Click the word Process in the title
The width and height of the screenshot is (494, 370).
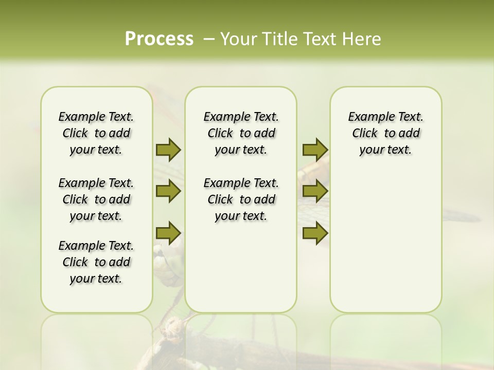point(159,39)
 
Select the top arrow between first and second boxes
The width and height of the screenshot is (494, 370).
point(168,150)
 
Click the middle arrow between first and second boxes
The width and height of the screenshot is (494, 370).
point(168,192)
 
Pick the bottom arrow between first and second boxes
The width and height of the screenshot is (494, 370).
point(168,233)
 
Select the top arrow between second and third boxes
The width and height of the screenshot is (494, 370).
point(315,150)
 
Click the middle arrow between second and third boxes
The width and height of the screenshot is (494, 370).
point(315,192)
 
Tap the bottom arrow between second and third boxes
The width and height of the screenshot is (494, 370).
point(315,233)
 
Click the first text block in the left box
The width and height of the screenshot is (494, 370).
point(96,133)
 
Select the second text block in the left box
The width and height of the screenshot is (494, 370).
point(96,199)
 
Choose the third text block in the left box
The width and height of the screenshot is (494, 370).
point(96,262)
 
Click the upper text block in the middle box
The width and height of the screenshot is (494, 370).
point(241,133)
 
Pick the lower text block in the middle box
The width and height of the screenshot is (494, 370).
point(241,199)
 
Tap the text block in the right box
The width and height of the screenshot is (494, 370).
point(386,133)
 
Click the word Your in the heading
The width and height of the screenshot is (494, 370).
point(239,39)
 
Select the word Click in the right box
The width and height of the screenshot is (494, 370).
point(365,134)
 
